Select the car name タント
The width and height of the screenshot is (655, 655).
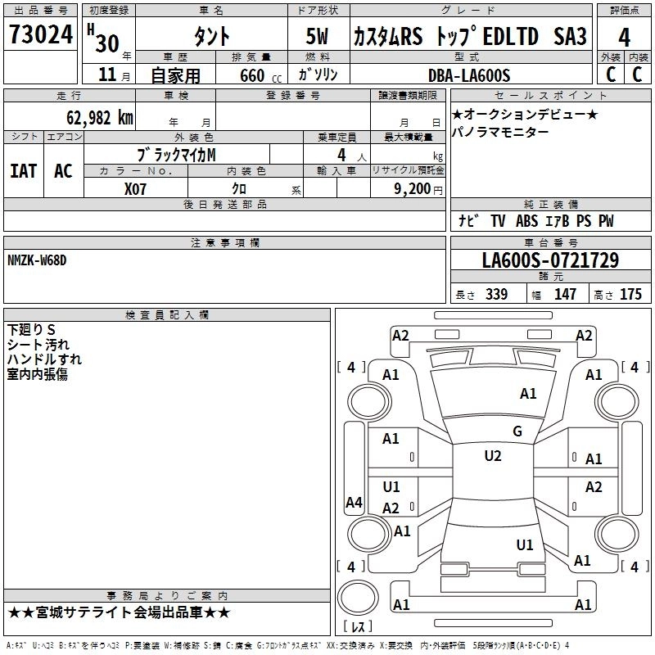click(211, 36)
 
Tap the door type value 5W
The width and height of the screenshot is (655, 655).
click(318, 36)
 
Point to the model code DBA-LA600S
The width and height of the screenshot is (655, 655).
click(468, 75)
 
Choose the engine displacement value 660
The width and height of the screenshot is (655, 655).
click(251, 76)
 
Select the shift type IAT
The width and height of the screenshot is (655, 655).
click(23, 170)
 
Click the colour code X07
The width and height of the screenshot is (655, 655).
click(136, 187)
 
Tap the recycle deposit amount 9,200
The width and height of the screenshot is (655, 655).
click(411, 188)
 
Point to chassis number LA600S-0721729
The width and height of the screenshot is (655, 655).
click(549, 261)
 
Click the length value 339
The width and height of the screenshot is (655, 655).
click(496, 295)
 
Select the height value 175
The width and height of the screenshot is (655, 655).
click(630, 295)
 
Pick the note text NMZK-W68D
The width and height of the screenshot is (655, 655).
click(36, 260)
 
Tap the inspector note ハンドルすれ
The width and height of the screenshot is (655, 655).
click(44, 359)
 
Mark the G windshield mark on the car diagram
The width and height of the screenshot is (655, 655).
click(517, 431)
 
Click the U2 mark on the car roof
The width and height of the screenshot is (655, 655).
click(492, 456)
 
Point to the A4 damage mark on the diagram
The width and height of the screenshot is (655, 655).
click(354, 503)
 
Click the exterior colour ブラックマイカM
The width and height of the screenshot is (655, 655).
click(177, 154)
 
